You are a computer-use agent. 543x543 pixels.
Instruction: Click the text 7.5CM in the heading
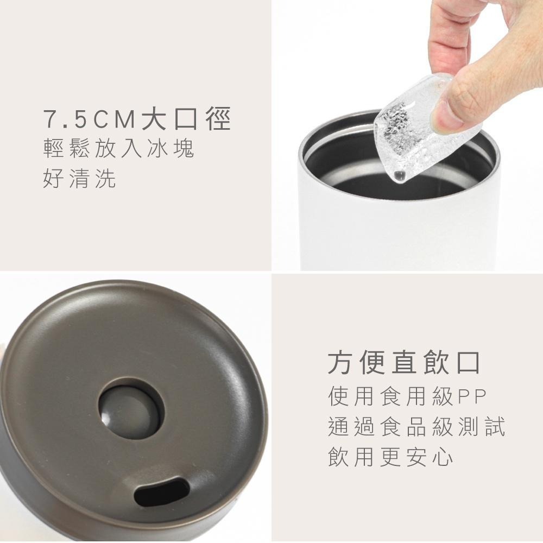pyautogui.click(x=90, y=119)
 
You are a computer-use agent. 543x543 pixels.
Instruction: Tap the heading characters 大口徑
pyautogui.click(x=186, y=119)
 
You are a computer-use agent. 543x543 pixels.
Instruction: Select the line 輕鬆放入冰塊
pyautogui.click(x=118, y=149)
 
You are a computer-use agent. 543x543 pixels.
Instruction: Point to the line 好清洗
pyautogui.click(x=79, y=179)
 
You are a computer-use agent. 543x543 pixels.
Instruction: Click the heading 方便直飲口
pyautogui.click(x=403, y=363)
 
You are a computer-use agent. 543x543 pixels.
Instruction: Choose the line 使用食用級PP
pyautogui.click(x=407, y=397)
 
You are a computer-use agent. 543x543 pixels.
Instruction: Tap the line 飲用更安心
pyautogui.click(x=390, y=457)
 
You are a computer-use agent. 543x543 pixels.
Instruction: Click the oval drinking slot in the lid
pyautogui.click(x=162, y=491)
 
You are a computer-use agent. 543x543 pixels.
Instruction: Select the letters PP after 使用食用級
pyautogui.click(x=472, y=397)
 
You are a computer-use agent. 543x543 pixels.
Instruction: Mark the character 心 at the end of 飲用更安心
pyautogui.click(x=443, y=457)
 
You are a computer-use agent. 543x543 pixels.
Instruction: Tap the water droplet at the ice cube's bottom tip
pyautogui.click(x=399, y=175)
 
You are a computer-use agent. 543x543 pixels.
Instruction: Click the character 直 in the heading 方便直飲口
pyautogui.click(x=403, y=363)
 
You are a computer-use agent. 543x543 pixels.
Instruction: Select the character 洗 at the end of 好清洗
pyautogui.click(x=106, y=179)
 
